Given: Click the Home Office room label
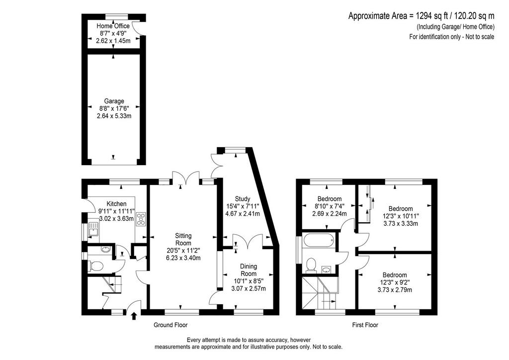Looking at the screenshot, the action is pyautogui.click(x=113, y=26).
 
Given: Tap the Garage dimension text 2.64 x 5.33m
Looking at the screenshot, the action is pyautogui.click(x=114, y=116).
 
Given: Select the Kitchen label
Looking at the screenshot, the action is pyautogui.click(x=116, y=204).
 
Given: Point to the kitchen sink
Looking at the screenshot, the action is pyautogui.click(x=93, y=229).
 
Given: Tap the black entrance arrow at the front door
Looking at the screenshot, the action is pyautogui.click(x=134, y=316).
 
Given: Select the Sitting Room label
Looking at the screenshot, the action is pyautogui.click(x=183, y=239).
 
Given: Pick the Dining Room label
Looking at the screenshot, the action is pyautogui.click(x=249, y=270).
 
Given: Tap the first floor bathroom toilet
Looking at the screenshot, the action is pyautogui.click(x=311, y=264).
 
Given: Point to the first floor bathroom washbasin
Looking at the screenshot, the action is pyautogui.click(x=327, y=269).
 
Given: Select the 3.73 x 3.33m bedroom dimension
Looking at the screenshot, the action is pyautogui.click(x=401, y=224).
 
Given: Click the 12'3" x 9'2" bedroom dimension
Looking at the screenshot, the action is pyautogui.click(x=394, y=282).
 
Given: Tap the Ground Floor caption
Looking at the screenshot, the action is pyautogui.click(x=170, y=325).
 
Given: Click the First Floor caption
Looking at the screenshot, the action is pyautogui.click(x=365, y=325).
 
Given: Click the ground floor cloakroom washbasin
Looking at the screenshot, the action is pyautogui.click(x=105, y=250).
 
